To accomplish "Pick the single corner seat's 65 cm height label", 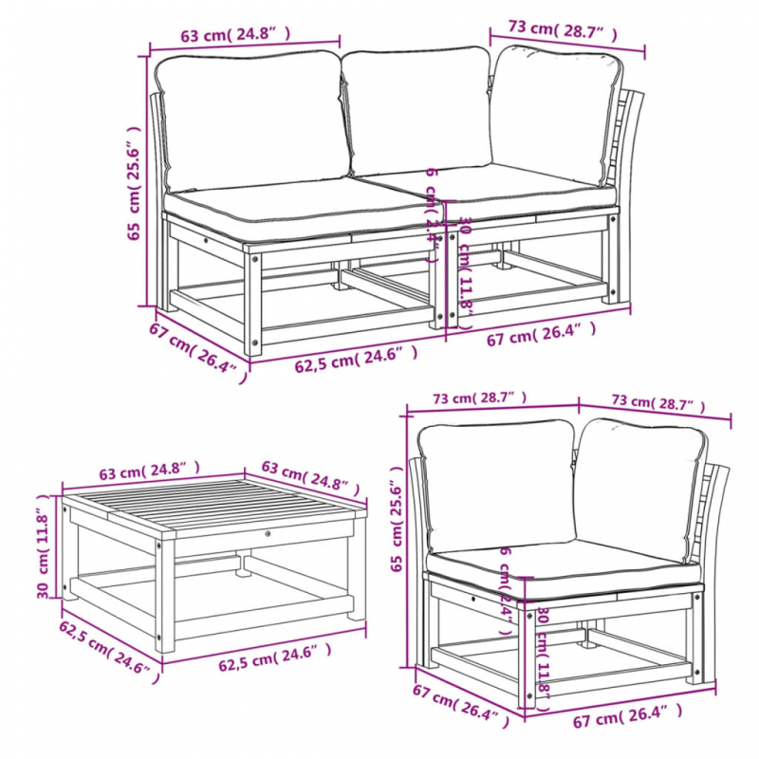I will point(397,522).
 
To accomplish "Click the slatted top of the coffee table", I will point(213,508).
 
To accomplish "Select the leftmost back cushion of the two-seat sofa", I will point(251,119).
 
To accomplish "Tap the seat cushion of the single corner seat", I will point(560,567).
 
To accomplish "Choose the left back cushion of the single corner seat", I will point(493,484).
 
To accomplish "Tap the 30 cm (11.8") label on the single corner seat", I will point(544,655).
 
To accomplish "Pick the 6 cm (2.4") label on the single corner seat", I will point(505,589).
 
